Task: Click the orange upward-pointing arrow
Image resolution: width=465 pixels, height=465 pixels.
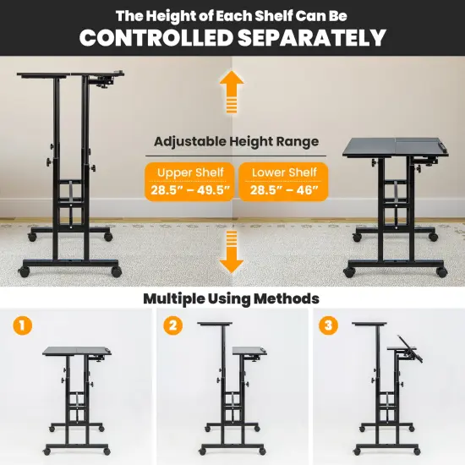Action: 232,91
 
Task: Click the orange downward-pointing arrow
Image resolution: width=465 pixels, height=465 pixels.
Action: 232,251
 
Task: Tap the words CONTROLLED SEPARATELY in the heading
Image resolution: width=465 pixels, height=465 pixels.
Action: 232,37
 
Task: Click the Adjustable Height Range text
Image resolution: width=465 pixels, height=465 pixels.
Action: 236,142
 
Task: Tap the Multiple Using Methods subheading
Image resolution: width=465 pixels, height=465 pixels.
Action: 231,298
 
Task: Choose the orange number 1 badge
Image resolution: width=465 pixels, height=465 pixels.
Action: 25,325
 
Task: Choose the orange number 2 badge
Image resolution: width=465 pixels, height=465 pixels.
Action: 173,325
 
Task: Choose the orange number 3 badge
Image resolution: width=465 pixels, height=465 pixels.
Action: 325,325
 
